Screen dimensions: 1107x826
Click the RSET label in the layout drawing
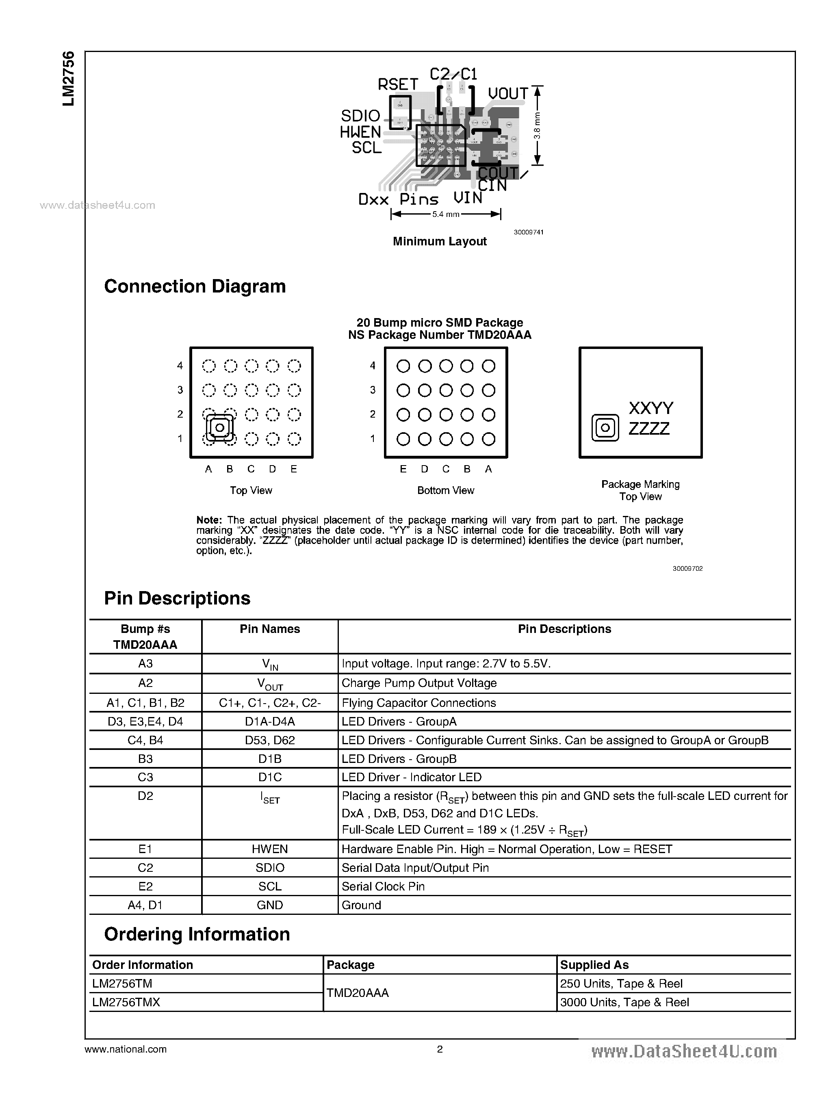click(x=397, y=84)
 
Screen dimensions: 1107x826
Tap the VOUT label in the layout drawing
click(x=507, y=94)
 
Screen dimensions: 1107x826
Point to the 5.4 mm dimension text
click(x=445, y=214)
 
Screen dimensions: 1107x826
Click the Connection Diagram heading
click(x=195, y=286)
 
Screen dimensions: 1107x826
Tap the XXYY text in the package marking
click(x=650, y=408)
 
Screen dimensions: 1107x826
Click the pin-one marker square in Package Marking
click(x=605, y=428)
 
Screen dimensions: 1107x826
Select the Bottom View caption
click(x=445, y=490)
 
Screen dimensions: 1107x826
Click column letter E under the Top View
click(x=293, y=469)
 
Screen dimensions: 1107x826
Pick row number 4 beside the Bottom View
click(x=373, y=366)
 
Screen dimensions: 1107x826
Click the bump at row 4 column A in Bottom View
click(x=488, y=366)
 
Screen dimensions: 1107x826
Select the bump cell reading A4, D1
click(x=145, y=905)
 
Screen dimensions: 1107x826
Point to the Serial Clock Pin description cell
click(x=383, y=886)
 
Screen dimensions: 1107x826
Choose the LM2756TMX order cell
click(x=126, y=1002)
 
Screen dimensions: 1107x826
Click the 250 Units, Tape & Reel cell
click(x=621, y=984)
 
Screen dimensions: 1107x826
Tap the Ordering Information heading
click(x=197, y=934)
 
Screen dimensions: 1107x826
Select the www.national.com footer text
click(x=126, y=1049)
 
